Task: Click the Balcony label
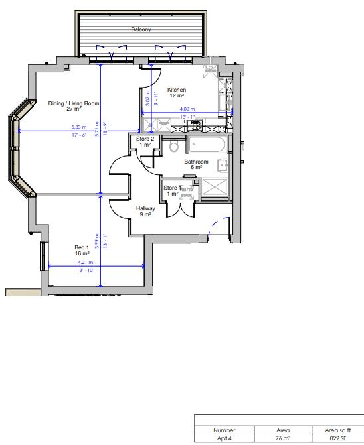[140, 30]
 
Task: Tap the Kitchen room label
[176, 90]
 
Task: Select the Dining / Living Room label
[73, 103]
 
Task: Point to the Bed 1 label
[82, 247]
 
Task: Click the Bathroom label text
[196, 162]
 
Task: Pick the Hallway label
[145, 208]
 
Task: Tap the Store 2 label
[145, 139]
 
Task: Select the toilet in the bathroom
[174, 146]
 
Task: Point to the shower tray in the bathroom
[214, 189]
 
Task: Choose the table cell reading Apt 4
[225, 438]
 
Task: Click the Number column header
[225, 430]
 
